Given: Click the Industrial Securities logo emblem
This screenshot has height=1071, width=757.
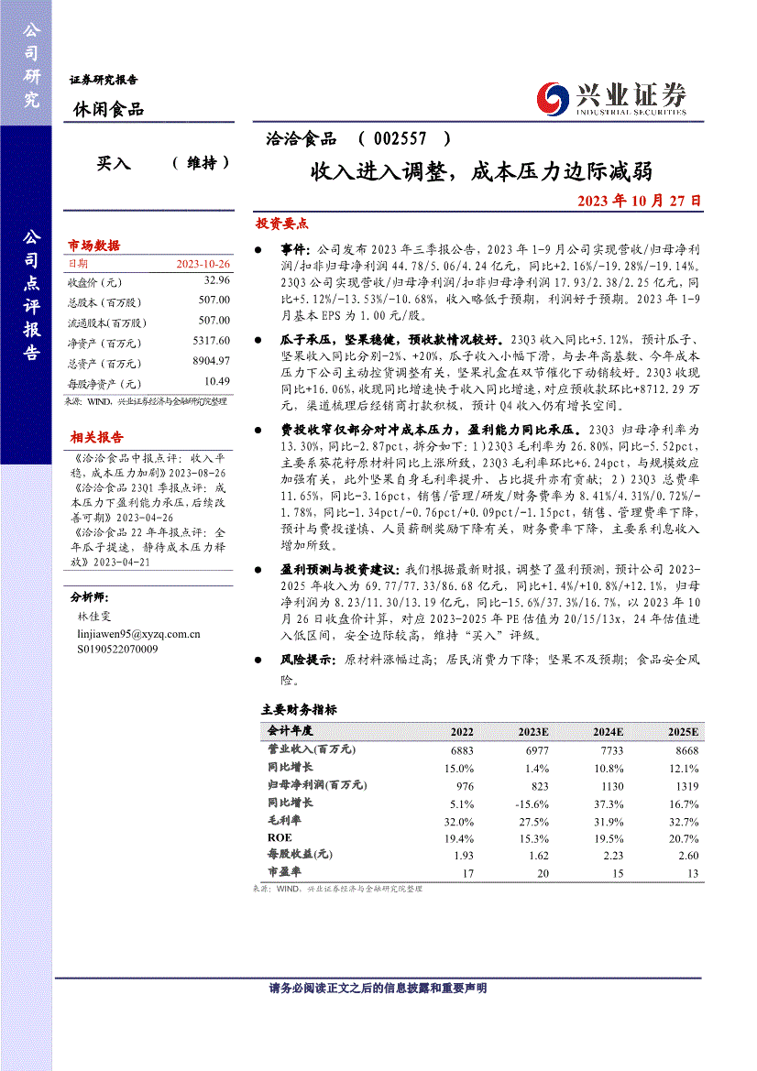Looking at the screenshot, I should (x=553, y=96).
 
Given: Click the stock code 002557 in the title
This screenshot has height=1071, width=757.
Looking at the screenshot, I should (x=400, y=139).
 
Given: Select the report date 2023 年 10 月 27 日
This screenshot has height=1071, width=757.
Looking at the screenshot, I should (x=640, y=200).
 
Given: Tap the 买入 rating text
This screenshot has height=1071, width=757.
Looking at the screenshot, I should (x=114, y=163).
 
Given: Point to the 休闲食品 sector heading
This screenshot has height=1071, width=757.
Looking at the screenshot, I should (x=108, y=110).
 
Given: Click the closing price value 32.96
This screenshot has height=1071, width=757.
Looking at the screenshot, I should (x=216, y=281).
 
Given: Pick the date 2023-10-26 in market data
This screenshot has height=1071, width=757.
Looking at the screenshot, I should (x=203, y=264).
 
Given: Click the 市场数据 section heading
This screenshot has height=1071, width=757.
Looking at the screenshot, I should (x=93, y=246).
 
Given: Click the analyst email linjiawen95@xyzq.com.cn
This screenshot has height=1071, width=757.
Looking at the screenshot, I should (x=139, y=634).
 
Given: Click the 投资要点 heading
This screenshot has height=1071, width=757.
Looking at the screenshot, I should (x=281, y=224).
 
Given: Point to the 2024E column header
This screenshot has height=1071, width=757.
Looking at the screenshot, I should (x=608, y=732).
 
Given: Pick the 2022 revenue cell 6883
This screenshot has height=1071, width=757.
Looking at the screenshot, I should (x=462, y=749).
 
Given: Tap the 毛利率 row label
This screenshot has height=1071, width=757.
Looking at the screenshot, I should (x=283, y=820).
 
